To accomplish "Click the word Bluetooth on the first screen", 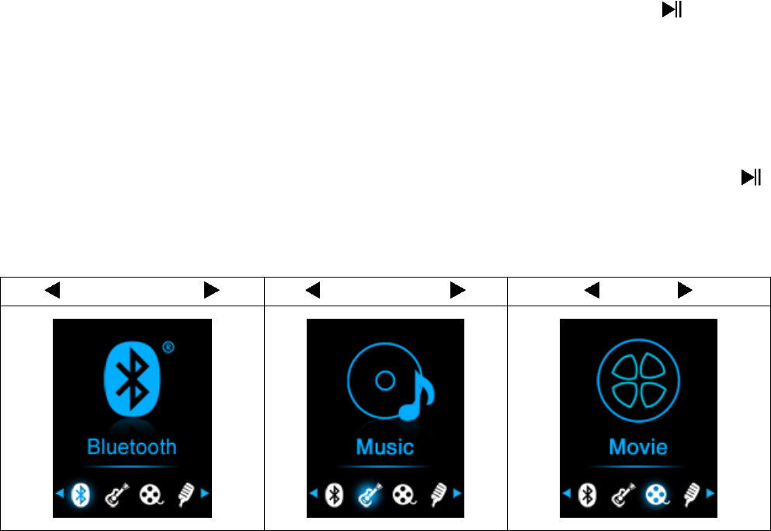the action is pyautogui.click(x=132, y=447).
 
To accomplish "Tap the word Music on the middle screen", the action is pyautogui.click(x=385, y=447).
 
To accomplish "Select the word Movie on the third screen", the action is pyautogui.click(x=638, y=447).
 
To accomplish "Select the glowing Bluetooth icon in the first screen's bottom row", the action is pyautogui.click(x=81, y=493).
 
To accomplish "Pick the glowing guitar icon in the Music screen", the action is pyautogui.click(x=369, y=493).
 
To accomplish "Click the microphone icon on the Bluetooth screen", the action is pyautogui.click(x=185, y=493).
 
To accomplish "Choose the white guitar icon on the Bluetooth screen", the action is pyautogui.click(x=116, y=493).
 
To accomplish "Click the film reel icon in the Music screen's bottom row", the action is pyautogui.click(x=404, y=493).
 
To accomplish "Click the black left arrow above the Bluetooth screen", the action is pyautogui.click(x=52, y=291).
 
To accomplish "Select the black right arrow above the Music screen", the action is pyautogui.click(x=457, y=291).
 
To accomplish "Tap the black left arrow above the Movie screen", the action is pyautogui.click(x=592, y=291).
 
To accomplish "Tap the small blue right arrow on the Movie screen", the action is pyautogui.click(x=710, y=493).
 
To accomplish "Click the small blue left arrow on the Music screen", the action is pyautogui.click(x=314, y=493).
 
